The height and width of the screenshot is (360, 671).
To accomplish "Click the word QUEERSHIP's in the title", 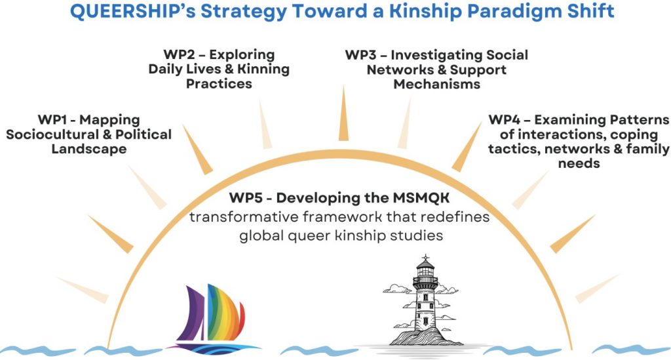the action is [x=132, y=11].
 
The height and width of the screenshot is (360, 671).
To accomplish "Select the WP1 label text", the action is [x=88, y=134].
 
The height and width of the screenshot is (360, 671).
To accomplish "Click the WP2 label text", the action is [x=219, y=69].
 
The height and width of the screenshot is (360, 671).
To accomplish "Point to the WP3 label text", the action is [x=436, y=70].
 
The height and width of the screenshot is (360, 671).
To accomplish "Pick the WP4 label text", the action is [x=579, y=141].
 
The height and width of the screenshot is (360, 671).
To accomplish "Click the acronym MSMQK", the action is [x=421, y=198].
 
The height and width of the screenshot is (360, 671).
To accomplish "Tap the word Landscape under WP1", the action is [x=89, y=149].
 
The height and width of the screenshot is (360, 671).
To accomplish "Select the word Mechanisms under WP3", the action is [x=436, y=84].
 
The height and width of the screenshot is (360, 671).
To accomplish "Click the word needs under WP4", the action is [x=579, y=163].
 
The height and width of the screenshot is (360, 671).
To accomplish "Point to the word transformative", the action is [x=244, y=216].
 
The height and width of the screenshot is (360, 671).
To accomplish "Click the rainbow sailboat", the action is [x=214, y=319].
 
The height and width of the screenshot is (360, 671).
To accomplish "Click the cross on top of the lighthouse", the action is [x=425, y=258].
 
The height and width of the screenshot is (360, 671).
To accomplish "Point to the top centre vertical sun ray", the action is [x=343, y=113].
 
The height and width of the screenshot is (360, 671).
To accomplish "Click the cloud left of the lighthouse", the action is [x=396, y=289].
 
